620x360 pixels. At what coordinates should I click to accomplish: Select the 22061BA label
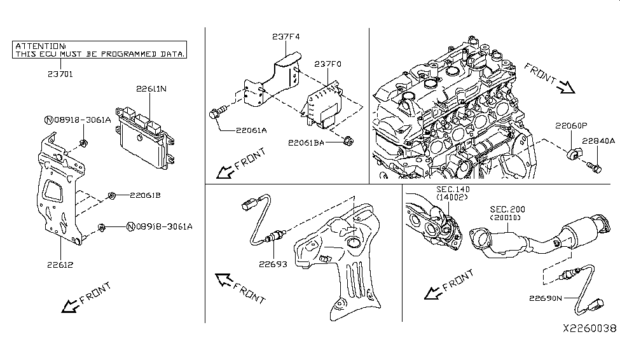tap(305, 142)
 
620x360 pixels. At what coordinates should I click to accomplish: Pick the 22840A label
tap(599, 141)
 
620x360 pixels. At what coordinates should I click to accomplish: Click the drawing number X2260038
tap(588, 329)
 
